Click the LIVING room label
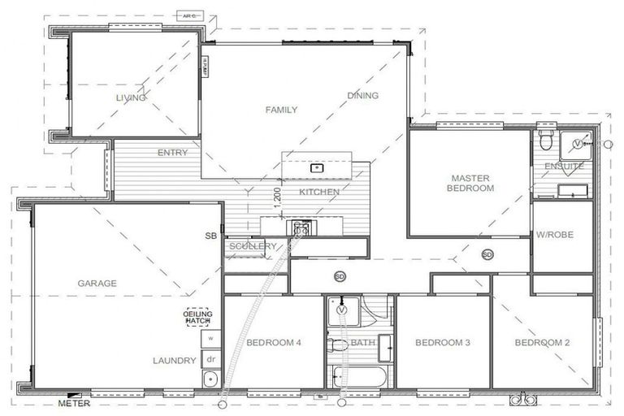coord(131,97)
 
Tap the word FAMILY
coord(281,110)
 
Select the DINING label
coord(362,96)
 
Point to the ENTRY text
coord(172,153)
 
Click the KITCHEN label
coord(319,192)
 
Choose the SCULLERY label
coord(253,246)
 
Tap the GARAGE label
coord(97,284)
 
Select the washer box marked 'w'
coord(210,337)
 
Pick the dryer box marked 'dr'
coord(210,358)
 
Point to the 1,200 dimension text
coord(277,200)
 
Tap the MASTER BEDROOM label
coord(471,183)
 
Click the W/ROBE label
coord(555,235)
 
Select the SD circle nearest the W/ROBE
coord(487,254)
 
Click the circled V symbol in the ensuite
coord(578,144)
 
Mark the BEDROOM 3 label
coord(443,343)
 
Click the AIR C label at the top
coord(190,15)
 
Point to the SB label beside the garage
coord(210,236)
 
